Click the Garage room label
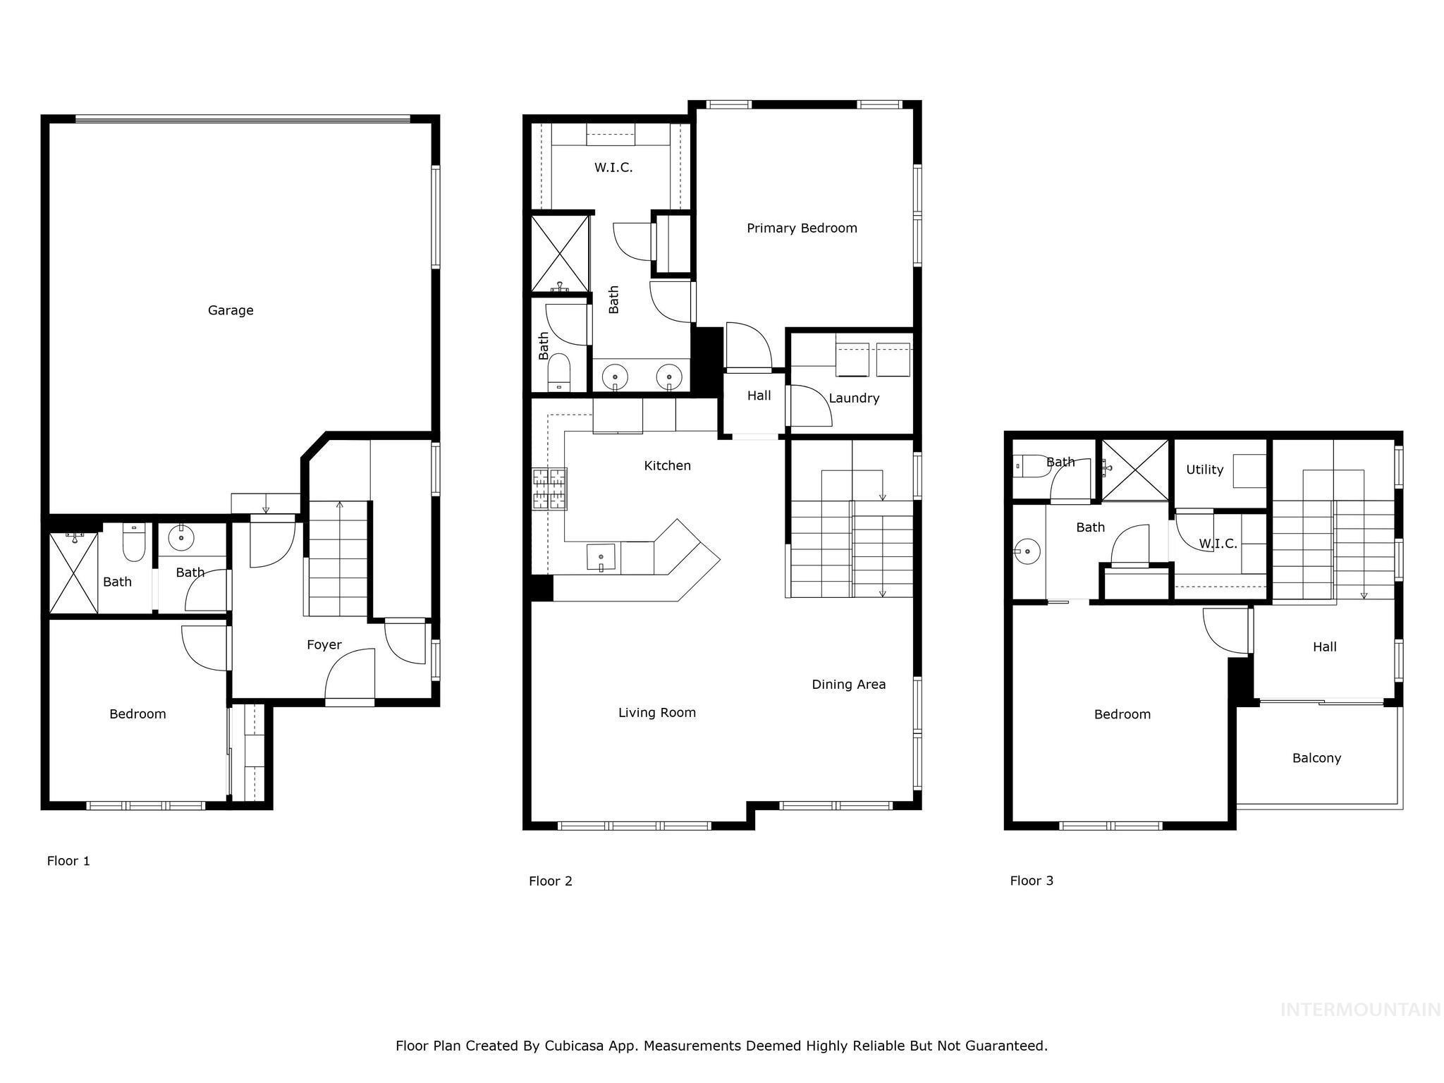coord(231,310)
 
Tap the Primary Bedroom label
coord(802,228)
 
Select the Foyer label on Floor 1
coord(324,644)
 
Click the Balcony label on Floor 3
coord(1316,758)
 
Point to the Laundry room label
coord(854,398)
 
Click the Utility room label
coord(1204,470)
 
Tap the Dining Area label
coord(848,684)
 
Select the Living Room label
coord(656,712)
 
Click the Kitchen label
coord(667,465)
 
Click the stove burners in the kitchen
coord(549,489)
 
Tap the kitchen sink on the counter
coord(600,557)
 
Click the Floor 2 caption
coord(550,881)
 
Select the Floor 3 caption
coord(1031,881)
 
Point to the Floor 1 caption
coord(68,861)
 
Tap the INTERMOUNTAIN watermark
coord(1360,1010)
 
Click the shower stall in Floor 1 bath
coord(73,573)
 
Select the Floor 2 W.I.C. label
coord(613,168)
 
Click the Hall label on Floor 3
coord(1324,647)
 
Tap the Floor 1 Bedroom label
coord(137,714)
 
